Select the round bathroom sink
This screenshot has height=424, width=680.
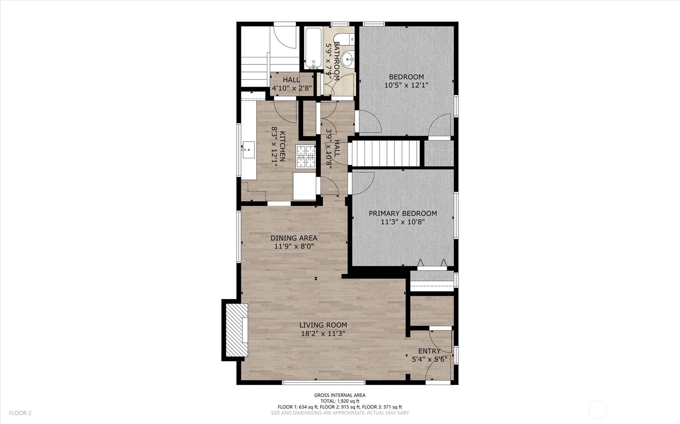click(348, 60)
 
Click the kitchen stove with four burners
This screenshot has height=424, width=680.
click(306, 156)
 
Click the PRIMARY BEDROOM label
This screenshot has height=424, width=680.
click(403, 214)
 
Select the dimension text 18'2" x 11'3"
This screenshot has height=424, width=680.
click(323, 333)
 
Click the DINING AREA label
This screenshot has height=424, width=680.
click(294, 238)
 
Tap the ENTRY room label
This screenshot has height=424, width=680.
click(429, 351)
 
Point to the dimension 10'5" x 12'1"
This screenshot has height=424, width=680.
click(406, 85)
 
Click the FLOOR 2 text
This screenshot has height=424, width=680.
click(20, 413)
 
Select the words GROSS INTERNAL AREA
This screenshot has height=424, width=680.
click(339, 395)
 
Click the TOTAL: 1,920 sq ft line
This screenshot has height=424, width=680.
click(339, 401)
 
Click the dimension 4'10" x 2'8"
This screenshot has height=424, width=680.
click(291, 88)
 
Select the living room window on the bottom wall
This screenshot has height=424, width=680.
click(324, 383)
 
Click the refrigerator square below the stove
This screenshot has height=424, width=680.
click(304, 186)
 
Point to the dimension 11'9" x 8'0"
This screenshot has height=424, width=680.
click(294, 246)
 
